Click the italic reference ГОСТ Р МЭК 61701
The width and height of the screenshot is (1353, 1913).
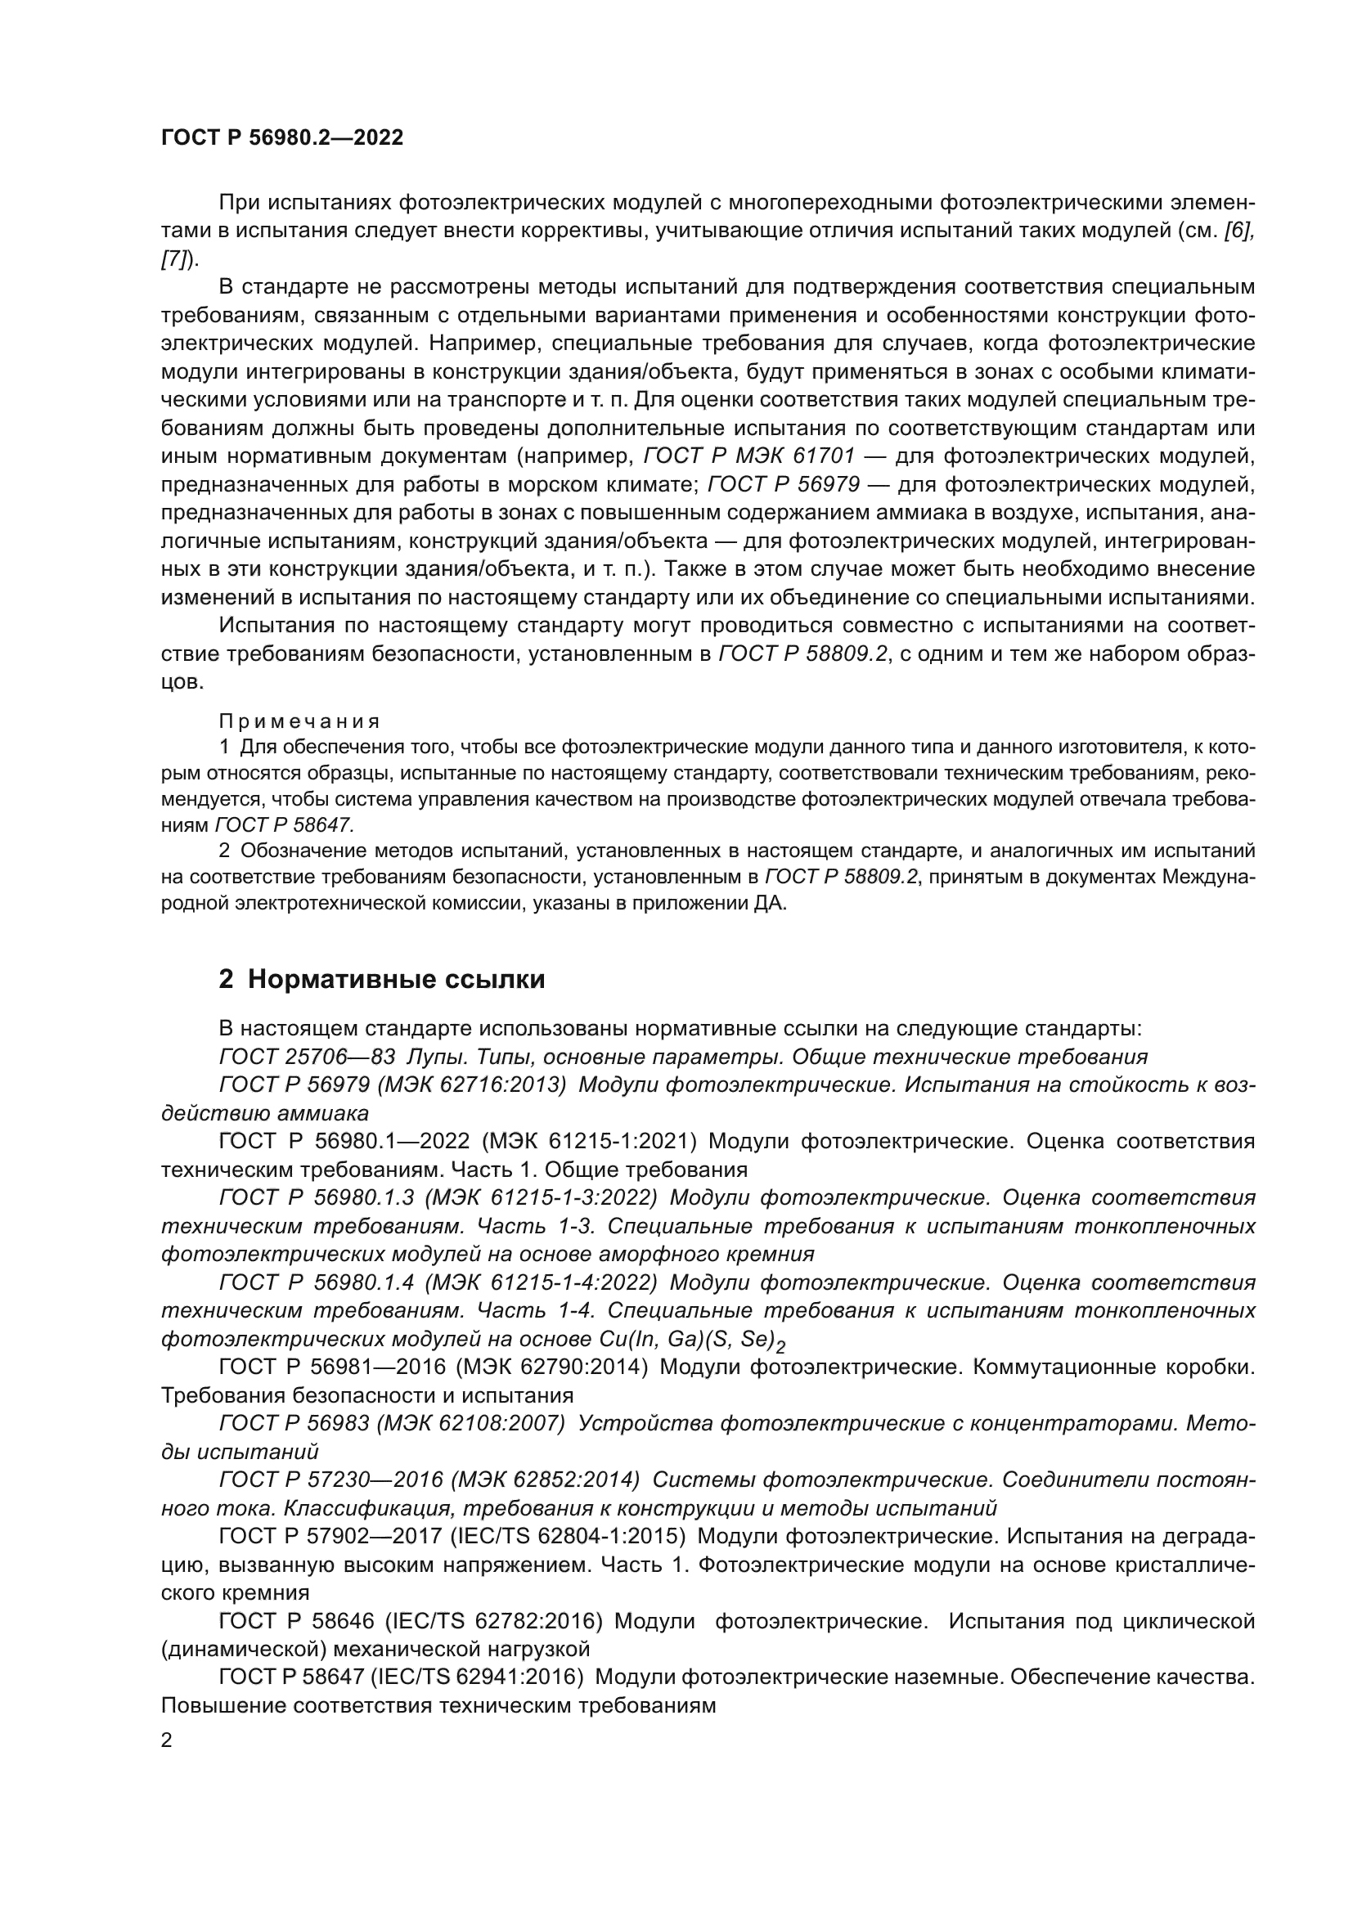750,456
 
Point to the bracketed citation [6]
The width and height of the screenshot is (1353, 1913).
1238,231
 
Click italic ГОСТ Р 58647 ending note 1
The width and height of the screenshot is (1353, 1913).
285,825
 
